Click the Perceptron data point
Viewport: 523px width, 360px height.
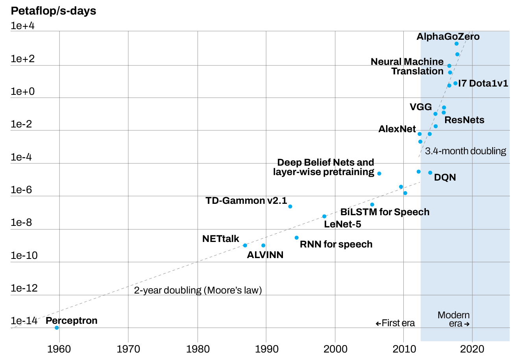pyautogui.click(x=57, y=328)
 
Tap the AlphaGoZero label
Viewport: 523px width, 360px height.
pyautogui.click(x=448, y=37)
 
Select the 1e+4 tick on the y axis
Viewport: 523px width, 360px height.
pyautogui.click(x=23, y=26)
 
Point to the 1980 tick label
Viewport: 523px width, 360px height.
pyautogui.click(x=197, y=349)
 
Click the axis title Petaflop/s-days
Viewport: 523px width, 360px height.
pyautogui.click(x=54, y=11)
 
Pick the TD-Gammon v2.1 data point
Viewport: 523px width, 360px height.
pyautogui.click(x=290, y=207)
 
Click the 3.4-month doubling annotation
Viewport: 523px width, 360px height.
pyautogui.click(x=466, y=151)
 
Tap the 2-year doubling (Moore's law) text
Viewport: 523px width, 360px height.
pyautogui.click(x=198, y=290)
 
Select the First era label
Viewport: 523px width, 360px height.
pyautogui.click(x=395, y=323)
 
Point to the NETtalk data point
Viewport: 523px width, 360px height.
pyautogui.click(x=245, y=246)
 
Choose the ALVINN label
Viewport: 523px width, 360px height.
pyautogui.click(x=265, y=255)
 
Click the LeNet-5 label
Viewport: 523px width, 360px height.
pyautogui.click(x=342, y=224)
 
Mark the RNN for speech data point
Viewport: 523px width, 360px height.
pyautogui.click(x=297, y=238)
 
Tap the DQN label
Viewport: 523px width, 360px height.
pyautogui.click(x=445, y=177)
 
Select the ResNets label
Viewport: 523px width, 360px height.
pyautogui.click(x=464, y=120)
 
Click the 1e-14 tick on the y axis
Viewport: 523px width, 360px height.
pyautogui.click(x=24, y=321)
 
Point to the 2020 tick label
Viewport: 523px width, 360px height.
pyautogui.click(x=472, y=349)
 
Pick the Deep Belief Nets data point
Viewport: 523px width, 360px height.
pyautogui.click(x=379, y=174)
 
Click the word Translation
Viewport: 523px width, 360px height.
pyautogui.click(x=417, y=71)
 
